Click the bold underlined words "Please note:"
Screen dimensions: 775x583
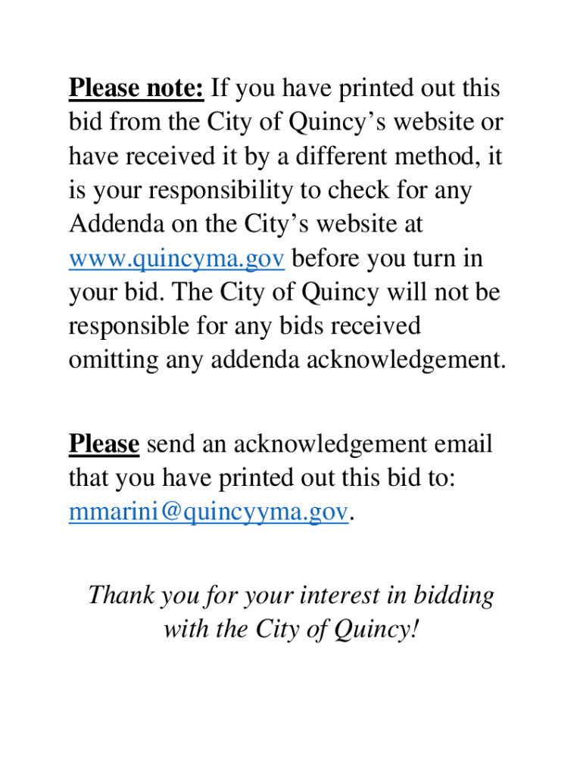(136, 89)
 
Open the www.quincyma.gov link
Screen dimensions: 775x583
(176, 260)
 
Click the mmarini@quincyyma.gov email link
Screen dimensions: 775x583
(209, 512)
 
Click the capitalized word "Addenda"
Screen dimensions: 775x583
(114, 226)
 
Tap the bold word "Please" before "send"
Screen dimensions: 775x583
(104, 444)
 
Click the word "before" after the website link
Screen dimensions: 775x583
(326, 260)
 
